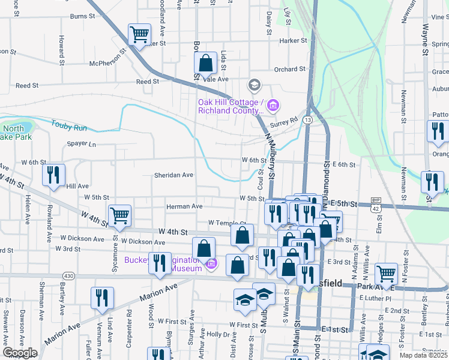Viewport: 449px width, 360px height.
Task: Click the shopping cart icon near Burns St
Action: click(x=139, y=35)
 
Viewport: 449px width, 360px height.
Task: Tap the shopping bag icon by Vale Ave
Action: click(x=205, y=62)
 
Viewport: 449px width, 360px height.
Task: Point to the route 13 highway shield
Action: click(x=307, y=121)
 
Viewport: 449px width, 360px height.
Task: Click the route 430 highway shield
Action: click(x=70, y=275)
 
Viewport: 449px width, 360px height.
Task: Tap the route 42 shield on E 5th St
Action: click(x=375, y=208)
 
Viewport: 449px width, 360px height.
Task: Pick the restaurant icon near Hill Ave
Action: click(x=53, y=175)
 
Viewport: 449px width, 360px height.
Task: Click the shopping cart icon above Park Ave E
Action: click(x=386, y=274)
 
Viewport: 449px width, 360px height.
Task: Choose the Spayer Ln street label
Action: click(x=81, y=144)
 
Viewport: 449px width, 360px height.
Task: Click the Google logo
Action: click(x=20, y=353)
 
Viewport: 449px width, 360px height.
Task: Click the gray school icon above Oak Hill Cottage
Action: click(x=254, y=85)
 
